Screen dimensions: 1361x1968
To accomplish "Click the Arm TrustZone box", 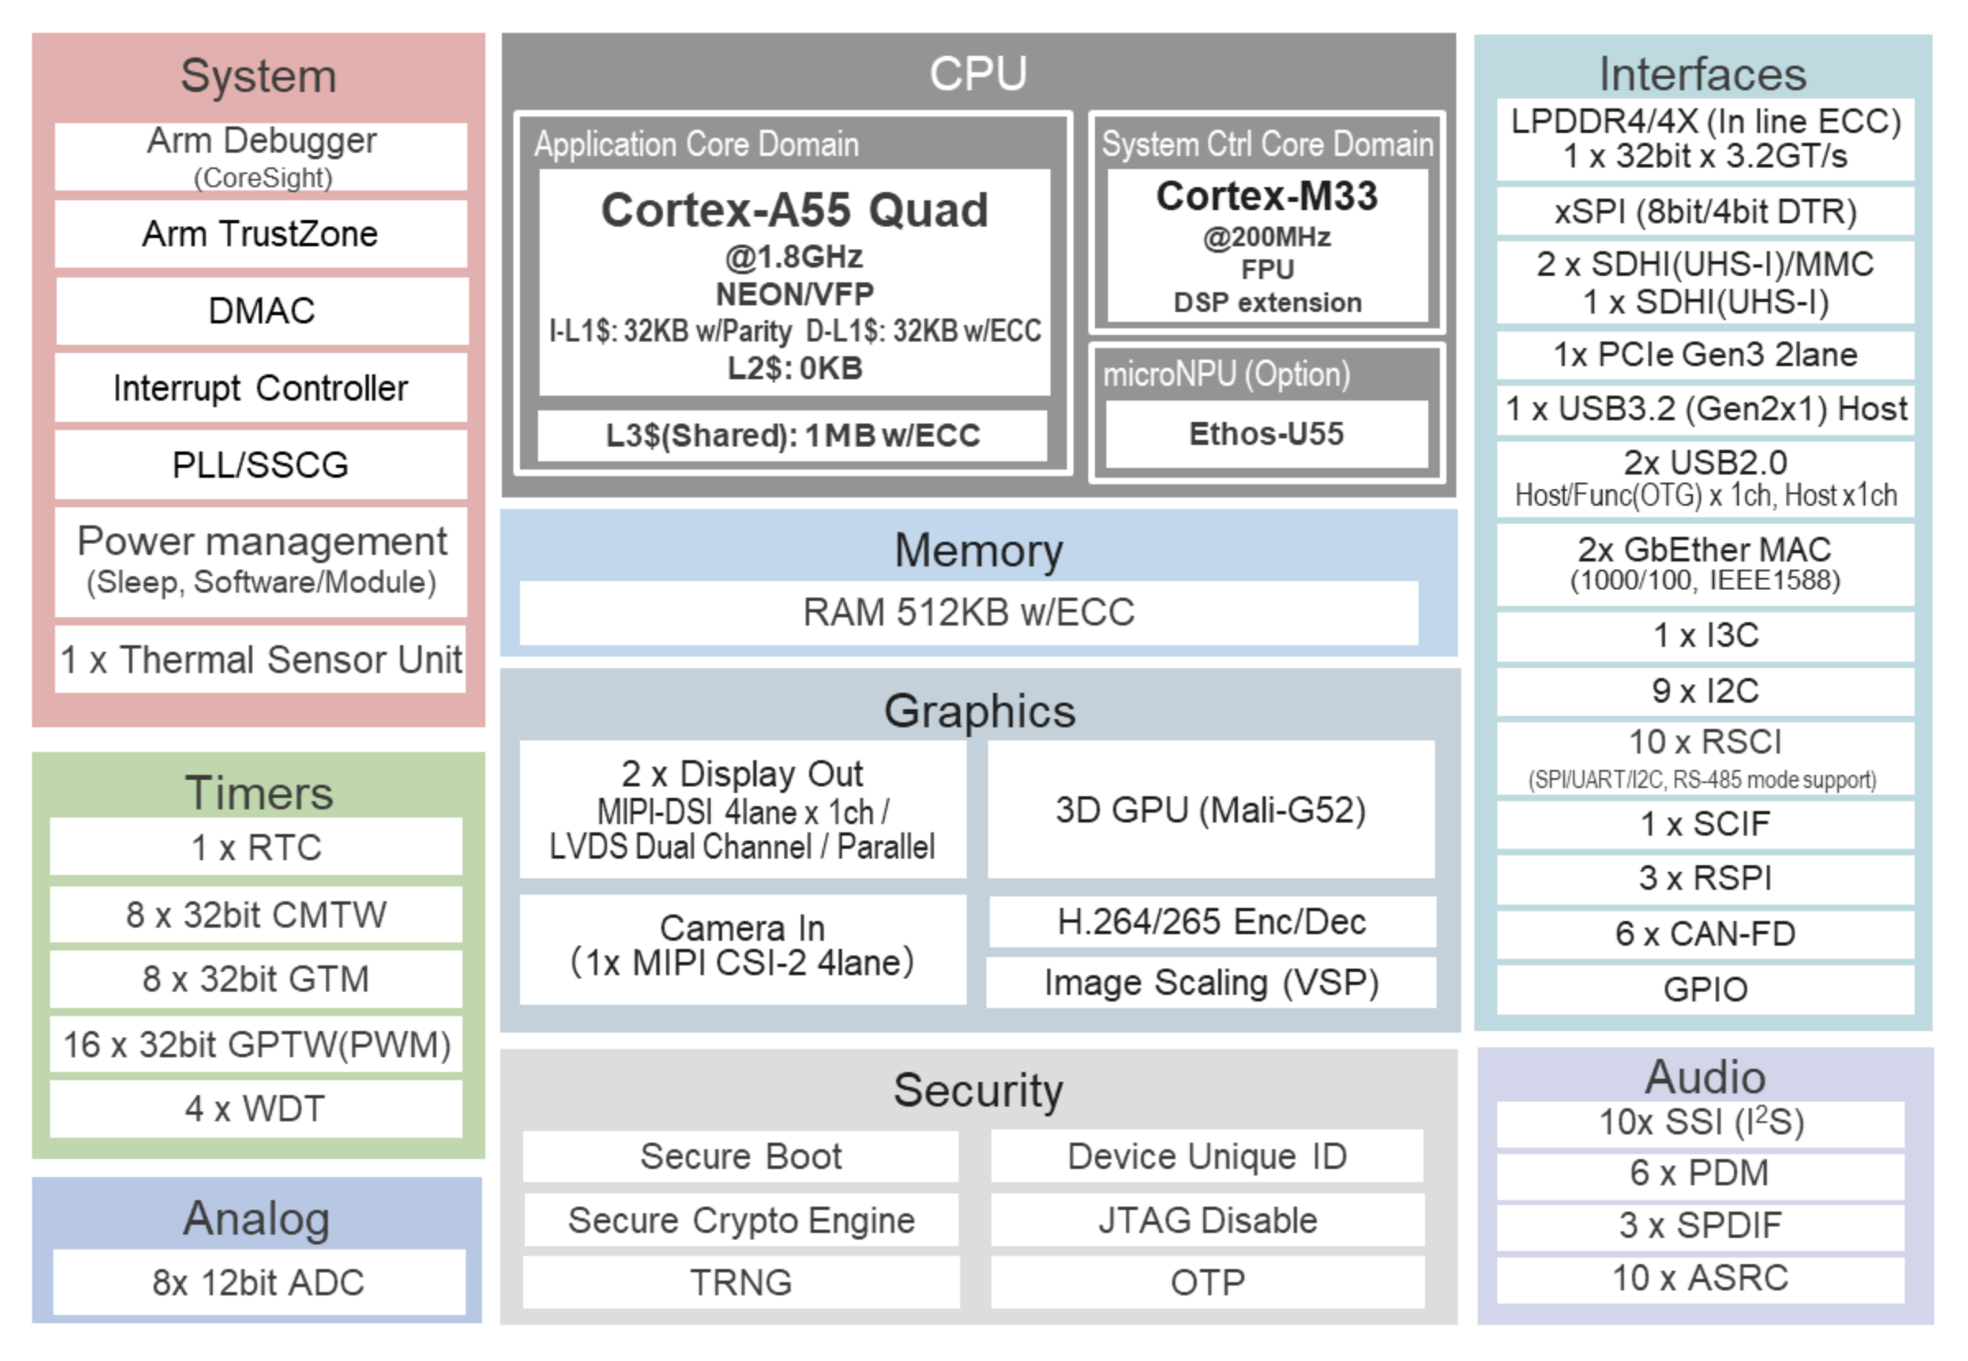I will [260, 234].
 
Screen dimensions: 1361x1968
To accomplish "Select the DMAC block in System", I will [260, 311].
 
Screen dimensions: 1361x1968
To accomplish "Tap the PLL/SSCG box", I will [260, 465].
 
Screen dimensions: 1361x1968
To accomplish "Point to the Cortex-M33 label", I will [1266, 196].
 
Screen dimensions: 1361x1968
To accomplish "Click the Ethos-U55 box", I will [1266, 434].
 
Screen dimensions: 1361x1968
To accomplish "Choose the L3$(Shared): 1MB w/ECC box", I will [793, 436].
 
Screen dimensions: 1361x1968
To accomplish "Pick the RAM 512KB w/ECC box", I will [968, 612].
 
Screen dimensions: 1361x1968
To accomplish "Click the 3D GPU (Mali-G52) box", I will [1211, 809].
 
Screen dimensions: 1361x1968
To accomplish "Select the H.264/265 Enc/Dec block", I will [1212, 922].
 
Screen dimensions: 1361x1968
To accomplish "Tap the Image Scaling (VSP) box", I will [1212, 983].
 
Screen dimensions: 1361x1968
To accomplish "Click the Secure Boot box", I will [740, 1157].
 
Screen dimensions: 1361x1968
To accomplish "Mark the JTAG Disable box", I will [1207, 1221].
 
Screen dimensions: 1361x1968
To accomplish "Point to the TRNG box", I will [740, 1282].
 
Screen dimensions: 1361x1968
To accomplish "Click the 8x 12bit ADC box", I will [259, 1282].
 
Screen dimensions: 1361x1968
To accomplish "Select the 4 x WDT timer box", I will [255, 1109].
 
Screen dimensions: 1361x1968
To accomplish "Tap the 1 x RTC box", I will [255, 848].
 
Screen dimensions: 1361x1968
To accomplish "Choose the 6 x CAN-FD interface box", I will [1704, 934].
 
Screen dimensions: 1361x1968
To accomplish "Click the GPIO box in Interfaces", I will [1704, 989].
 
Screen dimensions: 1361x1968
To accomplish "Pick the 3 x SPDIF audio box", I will [1700, 1226].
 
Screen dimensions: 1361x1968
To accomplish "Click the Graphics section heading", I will [979, 710].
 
